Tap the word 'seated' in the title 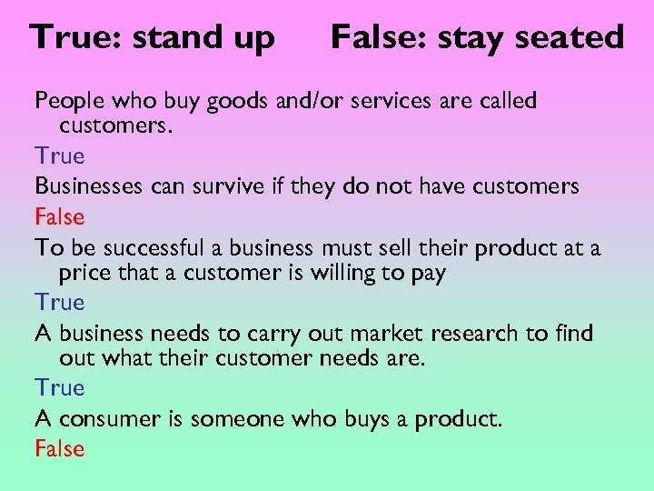[x=576, y=37]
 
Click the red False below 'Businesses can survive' [x=59, y=216]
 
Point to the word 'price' [x=85, y=273]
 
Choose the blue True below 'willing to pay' [x=59, y=302]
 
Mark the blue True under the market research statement [x=59, y=388]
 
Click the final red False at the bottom [x=59, y=448]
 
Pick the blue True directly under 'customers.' [x=59, y=156]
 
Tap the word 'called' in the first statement [x=504, y=101]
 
